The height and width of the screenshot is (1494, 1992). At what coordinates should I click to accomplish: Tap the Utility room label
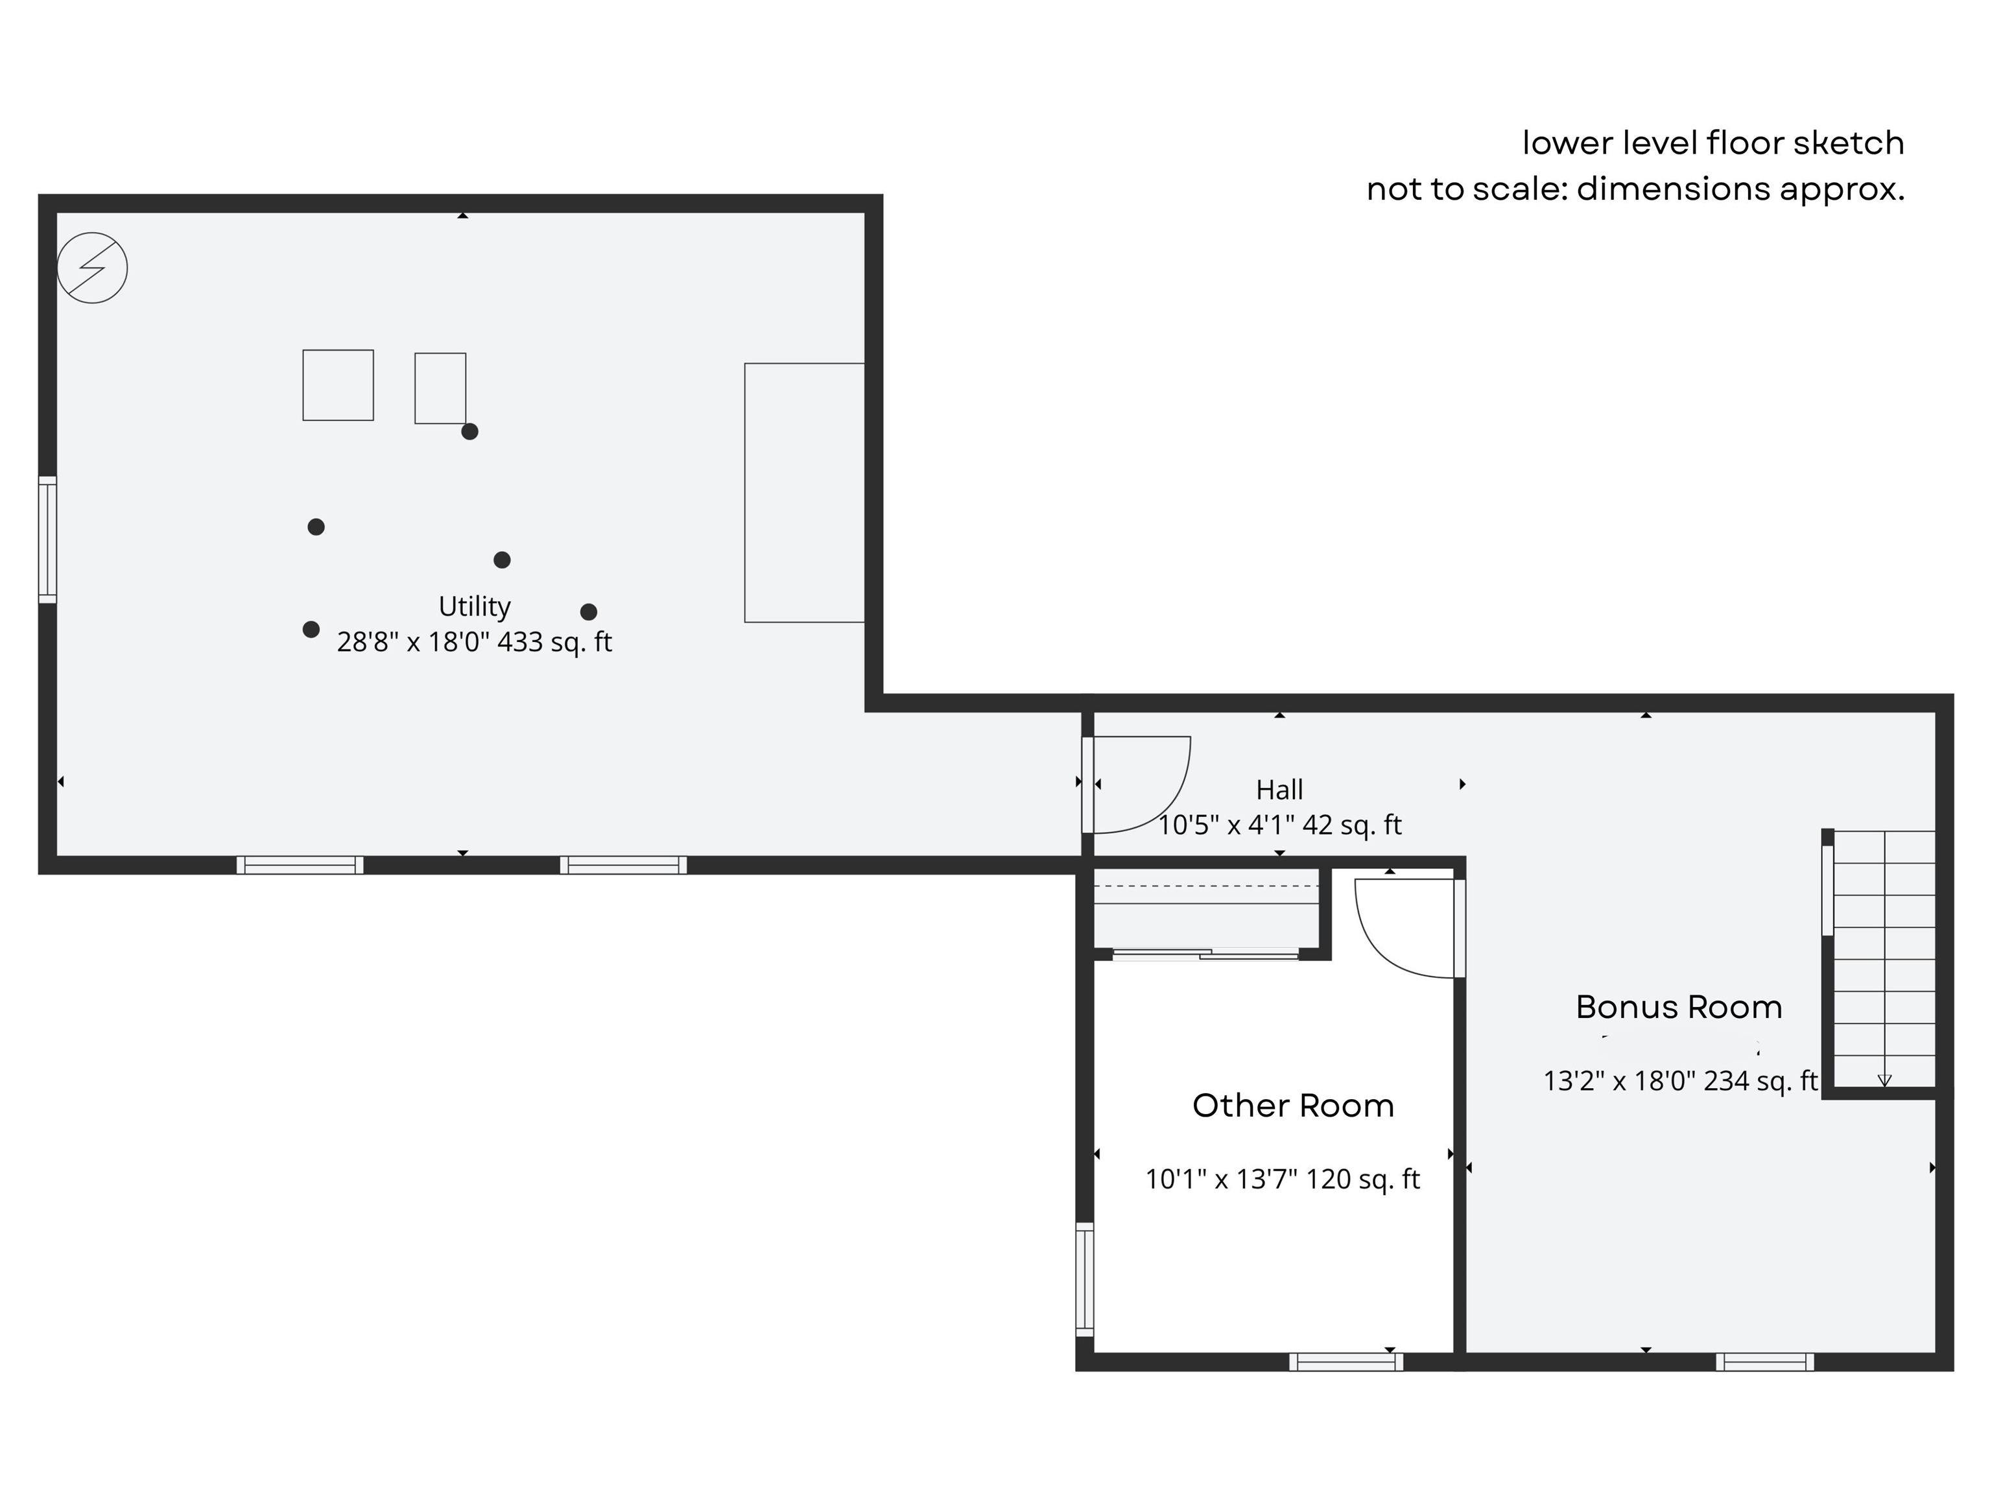[x=475, y=606]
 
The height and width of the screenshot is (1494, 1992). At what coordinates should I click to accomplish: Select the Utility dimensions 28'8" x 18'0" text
[x=475, y=642]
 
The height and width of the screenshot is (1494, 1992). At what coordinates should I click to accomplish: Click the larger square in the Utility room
[x=338, y=385]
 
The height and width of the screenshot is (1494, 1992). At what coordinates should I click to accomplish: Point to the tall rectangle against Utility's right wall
[x=804, y=493]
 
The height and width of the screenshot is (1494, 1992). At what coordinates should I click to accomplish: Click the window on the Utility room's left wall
[x=47, y=539]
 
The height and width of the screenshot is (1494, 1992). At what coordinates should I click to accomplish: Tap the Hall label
[x=1279, y=790]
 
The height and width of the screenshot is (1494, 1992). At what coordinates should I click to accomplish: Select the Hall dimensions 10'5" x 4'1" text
[x=1279, y=825]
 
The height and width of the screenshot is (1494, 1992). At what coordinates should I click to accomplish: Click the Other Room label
[x=1293, y=1105]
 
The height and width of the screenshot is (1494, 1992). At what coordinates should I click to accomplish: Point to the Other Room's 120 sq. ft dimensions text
[x=1283, y=1179]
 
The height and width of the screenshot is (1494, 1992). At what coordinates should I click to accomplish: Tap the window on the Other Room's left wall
[x=1085, y=1279]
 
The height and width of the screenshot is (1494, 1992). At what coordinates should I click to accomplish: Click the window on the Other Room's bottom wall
[x=1346, y=1362]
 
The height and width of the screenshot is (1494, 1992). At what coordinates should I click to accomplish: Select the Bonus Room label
[x=1679, y=1007]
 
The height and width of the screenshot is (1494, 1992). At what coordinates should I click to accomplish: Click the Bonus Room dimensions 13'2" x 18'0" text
[x=1680, y=1081]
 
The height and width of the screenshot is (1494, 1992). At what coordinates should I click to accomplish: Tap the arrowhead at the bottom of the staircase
[x=1884, y=1082]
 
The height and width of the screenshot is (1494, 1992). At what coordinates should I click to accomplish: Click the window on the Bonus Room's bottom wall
[x=1765, y=1362]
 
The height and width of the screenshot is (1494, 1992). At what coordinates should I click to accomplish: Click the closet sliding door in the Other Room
[x=1206, y=954]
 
